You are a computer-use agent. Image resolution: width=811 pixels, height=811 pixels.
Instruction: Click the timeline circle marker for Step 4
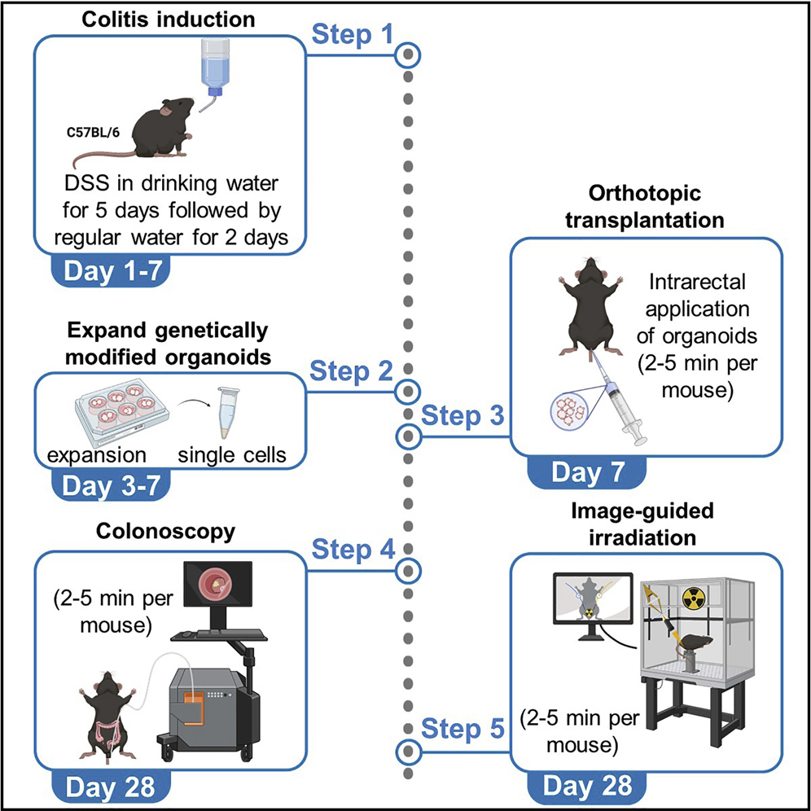click(409, 568)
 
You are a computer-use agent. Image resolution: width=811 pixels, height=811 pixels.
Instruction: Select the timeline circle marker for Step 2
click(409, 390)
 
